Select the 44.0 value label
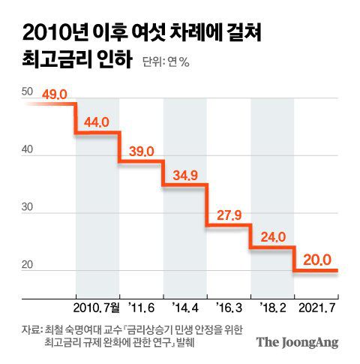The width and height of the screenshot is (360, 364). (x=97, y=122)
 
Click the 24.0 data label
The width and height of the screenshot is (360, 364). (x=271, y=238)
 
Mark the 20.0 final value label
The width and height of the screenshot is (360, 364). (x=315, y=260)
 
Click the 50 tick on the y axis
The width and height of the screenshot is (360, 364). (x=28, y=92)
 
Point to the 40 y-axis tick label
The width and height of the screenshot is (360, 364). (x=28, y=150)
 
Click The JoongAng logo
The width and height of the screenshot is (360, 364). (x=298, y=342)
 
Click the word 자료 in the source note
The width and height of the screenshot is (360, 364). (x=31, y=328)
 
